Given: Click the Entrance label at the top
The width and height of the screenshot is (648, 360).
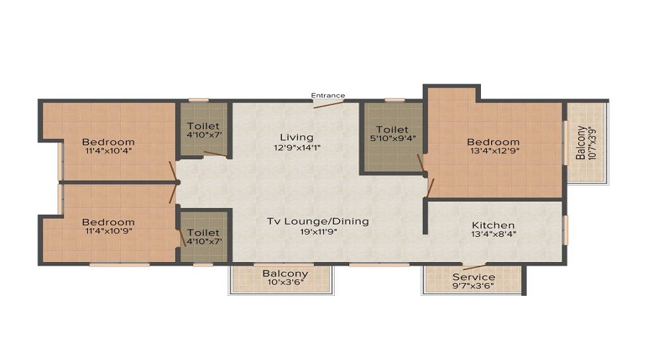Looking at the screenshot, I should click(x=328, y=95).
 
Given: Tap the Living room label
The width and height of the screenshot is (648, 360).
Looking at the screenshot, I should click(x=297, y=137).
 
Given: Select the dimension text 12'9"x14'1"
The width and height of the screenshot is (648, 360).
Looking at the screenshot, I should click(x=297, y=148).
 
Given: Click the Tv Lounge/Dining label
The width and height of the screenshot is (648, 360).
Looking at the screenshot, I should click(x=318, y=221).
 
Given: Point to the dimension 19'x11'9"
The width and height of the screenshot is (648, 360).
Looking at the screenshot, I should click(x=318, y=233).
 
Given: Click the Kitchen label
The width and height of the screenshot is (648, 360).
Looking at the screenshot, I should click(x=493, y=225).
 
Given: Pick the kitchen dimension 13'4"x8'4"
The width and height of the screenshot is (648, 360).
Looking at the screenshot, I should click(x=493, y=235).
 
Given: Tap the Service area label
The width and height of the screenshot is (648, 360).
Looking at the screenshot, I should click(x=473, y=277).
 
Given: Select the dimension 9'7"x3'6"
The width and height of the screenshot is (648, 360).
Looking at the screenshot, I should click(x=473, y=287).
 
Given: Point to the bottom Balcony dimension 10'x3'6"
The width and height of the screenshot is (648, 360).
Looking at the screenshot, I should click(x=285, y=284).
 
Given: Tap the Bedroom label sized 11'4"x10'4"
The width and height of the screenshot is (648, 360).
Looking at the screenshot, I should click(x=107, y=141).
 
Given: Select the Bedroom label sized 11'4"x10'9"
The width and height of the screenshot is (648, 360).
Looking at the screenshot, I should click(x=107, y=222).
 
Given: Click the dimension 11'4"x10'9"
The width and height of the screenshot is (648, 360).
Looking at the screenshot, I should click(x=107, y=233).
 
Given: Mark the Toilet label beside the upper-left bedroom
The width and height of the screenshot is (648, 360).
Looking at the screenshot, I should click(x=203, y=127).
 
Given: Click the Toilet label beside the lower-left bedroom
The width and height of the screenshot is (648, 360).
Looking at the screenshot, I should click(x=203, y=233).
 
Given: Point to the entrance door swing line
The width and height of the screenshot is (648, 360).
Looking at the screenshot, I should click(x=328, y=104).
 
